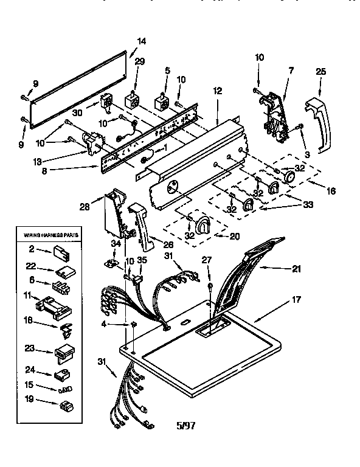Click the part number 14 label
click(x=141, y=41)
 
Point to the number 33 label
click(x=308, y=205)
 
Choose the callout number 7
click(x=290, y=72)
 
